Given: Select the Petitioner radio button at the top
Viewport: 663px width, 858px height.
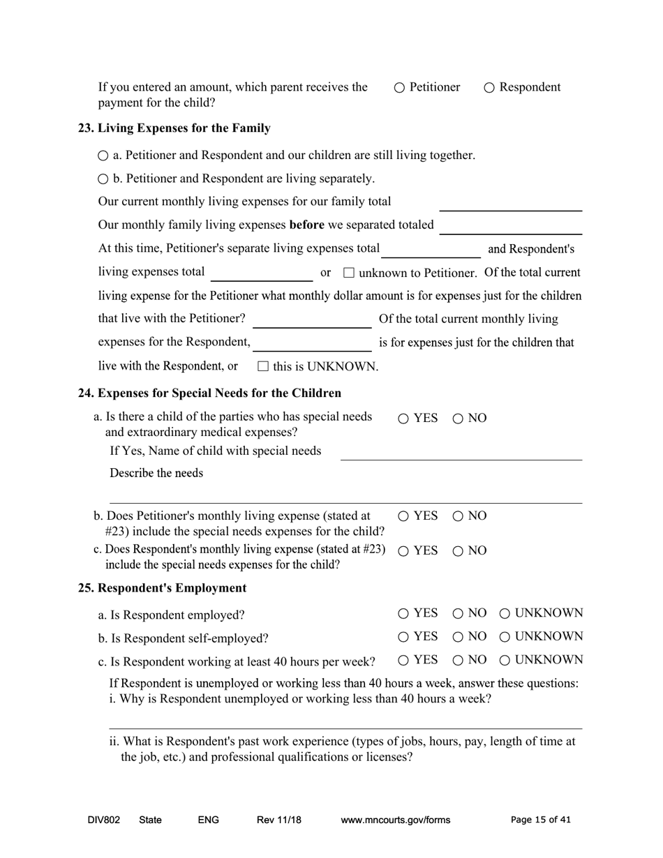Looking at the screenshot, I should tap(399, 88).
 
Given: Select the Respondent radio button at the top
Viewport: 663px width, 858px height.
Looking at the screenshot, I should tap(489, 88).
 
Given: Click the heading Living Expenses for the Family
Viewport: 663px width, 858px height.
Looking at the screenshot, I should tap(174, 128).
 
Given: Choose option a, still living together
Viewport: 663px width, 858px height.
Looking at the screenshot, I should tap(103, 156).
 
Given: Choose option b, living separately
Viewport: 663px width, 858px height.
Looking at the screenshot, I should tap(103, 179).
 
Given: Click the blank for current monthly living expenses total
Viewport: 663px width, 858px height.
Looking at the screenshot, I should tap(510, 203).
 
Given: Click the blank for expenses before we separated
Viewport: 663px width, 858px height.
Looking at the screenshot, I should tap(510, 227).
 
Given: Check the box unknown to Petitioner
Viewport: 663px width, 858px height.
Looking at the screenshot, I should tap(350, 273).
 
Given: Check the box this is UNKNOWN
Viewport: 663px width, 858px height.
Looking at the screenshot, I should tap(263, 366).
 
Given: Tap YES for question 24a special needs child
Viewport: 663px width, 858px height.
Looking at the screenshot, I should tap(404, 419).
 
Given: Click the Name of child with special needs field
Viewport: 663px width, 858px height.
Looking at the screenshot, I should tap(461, 452).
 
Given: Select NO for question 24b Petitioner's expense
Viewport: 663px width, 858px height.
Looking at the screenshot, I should tap(458, 517).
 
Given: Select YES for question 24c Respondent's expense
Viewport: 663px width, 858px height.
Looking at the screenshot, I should tap(404, 551).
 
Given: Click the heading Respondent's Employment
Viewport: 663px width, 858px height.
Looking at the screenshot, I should tap(162, 588).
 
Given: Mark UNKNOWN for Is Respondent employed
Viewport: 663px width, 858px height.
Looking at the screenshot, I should tap(505, 614).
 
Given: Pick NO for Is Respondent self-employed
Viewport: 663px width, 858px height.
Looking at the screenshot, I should tap(458, 637).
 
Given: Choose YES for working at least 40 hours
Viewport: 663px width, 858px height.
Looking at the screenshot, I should tap(404, 661).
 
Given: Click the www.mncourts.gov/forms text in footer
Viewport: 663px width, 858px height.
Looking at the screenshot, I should tap(395, 820).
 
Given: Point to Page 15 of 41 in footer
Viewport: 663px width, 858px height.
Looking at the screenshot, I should tap(540, 820).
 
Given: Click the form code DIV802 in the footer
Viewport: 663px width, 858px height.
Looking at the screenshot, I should tap(104, 820).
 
